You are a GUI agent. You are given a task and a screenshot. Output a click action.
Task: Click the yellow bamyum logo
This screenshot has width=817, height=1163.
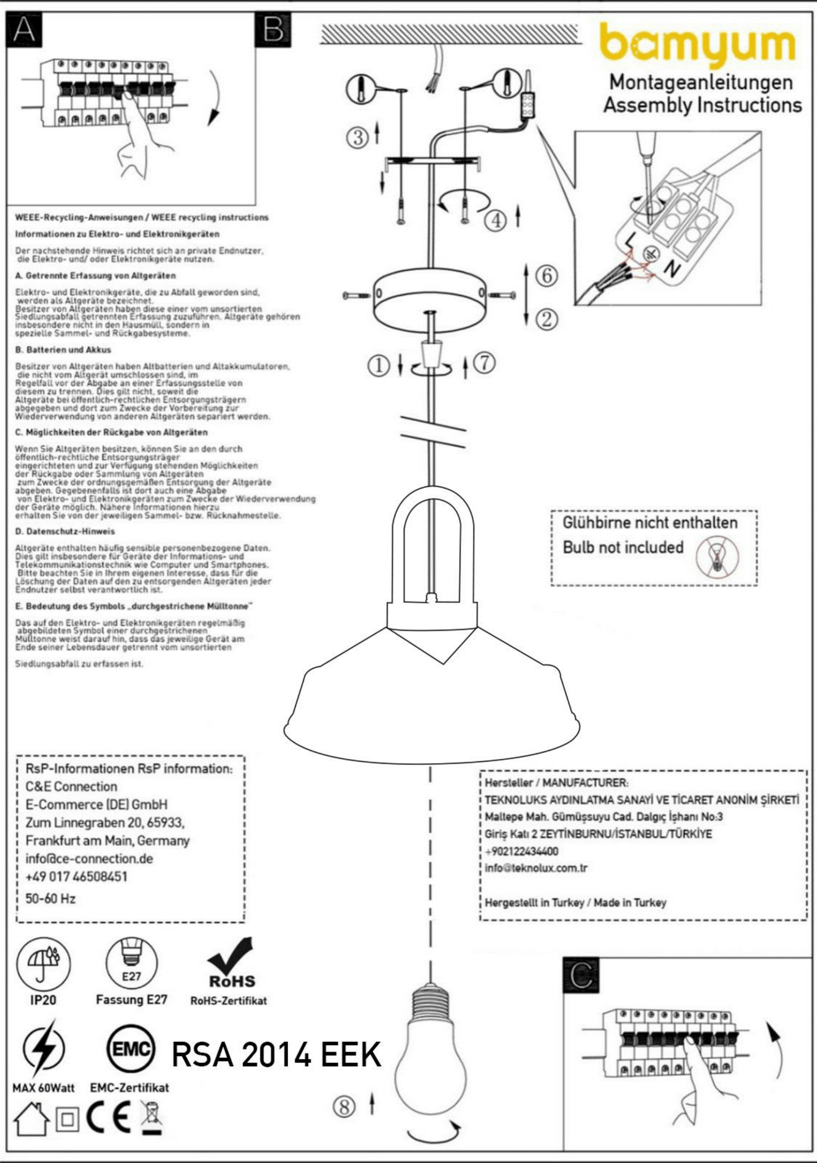(x=698, y=44)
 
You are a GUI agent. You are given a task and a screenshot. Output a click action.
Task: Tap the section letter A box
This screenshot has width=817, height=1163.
(x=24, y=30)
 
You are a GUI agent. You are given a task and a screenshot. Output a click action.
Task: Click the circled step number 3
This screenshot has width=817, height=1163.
(x=357, y=137)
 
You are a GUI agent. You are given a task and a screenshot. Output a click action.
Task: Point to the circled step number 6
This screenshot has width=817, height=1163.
(x=546, y=276)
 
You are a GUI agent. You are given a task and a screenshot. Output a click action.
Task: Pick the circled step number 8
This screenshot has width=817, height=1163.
(x=344, y=1106)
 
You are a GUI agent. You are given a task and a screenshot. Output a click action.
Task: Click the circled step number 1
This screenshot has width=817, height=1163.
(x=378, y=366)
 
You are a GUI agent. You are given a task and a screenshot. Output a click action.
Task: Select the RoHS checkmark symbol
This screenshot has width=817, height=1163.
(x=232, y=963)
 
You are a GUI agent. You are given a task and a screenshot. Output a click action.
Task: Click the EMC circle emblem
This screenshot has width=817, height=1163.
(x=130, y=1049)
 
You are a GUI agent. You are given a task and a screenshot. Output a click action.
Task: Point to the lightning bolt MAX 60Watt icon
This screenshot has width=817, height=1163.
(x=43, y=1049)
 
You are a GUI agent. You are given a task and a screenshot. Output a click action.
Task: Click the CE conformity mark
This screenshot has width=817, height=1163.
(x=109, y=1118)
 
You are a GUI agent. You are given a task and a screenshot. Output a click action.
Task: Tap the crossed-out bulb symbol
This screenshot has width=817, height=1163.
(x=717, y=556)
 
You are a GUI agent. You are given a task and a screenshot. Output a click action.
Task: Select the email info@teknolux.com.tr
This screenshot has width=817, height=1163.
(x=536, y=868)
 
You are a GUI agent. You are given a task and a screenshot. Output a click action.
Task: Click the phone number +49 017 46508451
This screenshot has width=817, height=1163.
(x=76, y=876)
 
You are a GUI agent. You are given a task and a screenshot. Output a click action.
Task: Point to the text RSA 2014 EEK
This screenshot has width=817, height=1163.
(x=276, y=1055)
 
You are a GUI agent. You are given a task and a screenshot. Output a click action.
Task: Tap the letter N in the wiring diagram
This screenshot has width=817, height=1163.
(x=672, y=268)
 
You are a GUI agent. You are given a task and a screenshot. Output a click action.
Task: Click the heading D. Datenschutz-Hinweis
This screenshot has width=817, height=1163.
(x=65, y=531)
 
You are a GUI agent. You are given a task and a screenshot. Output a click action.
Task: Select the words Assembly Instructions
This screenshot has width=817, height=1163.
(x=702, y=105)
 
